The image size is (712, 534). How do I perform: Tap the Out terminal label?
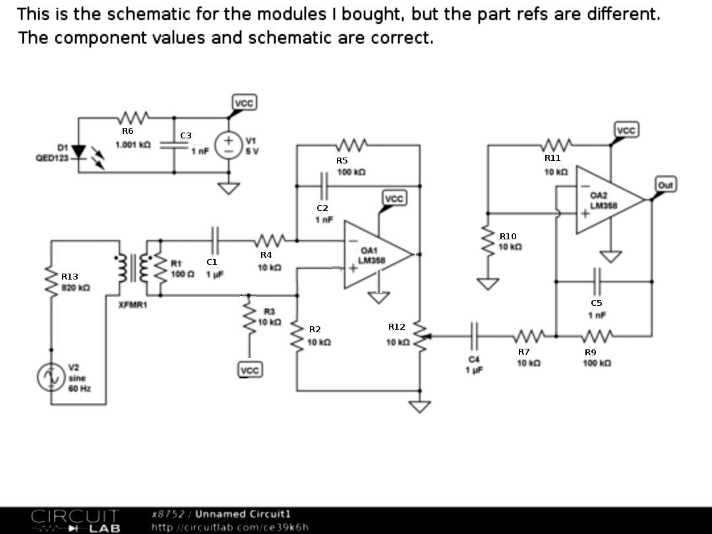pyautogui.click(x=665, y=185)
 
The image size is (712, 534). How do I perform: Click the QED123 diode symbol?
pyautogui.click(x=80, y=152)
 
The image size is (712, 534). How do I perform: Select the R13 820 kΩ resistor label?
pyautogui.click(x=74, y=282)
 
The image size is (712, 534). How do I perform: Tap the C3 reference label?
pyautogui.click(x=186, y=136)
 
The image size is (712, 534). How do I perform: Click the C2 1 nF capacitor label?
pyautogui.click(x=324, y=213)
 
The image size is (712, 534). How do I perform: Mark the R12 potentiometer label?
pyautogui.click(x=398, y=334)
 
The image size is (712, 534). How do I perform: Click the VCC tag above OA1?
pyautogui.click(x=394, y=199)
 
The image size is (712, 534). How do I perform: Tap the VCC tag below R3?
pyautogui.click(x=250, y=371)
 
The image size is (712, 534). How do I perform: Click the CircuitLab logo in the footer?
pyautogui.click(x=76, y=519)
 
